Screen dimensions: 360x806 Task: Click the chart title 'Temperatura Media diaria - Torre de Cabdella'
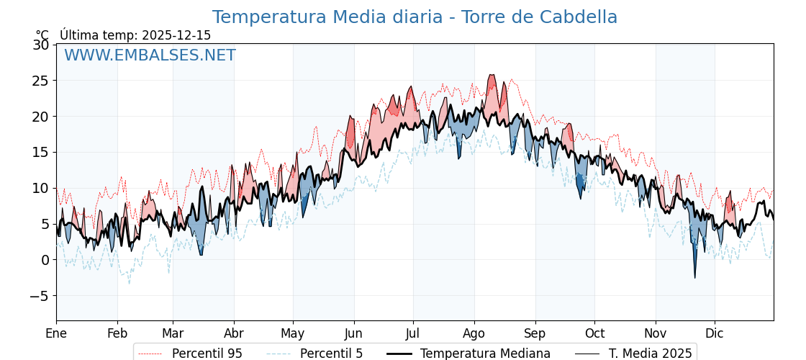(x=415, y=17)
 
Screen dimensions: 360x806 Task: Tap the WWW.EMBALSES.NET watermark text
(x=150, y=55)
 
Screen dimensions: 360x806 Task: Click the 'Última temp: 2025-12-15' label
(x=135, y=35)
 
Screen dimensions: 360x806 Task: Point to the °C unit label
(x=42, y=35)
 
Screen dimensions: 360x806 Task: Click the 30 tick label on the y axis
(x=41, y=45)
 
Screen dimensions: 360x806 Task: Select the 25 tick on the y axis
(x=41, y=81)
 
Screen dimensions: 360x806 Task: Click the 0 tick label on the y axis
(x=45, y=260)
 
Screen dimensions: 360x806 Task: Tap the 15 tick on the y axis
(x=41, y=153)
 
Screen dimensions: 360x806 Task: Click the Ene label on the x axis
(x=56, y=333)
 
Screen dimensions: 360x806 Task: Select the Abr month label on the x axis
(x=234, y=333)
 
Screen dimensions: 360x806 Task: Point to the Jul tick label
(x=413, y=333)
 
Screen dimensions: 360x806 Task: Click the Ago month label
(x=474, y=333)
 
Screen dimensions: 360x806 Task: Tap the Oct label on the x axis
(x=594, y=333)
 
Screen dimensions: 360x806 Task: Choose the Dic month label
(x=715, y=333)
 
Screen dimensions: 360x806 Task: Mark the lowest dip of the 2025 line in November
(x=695, y=278)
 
